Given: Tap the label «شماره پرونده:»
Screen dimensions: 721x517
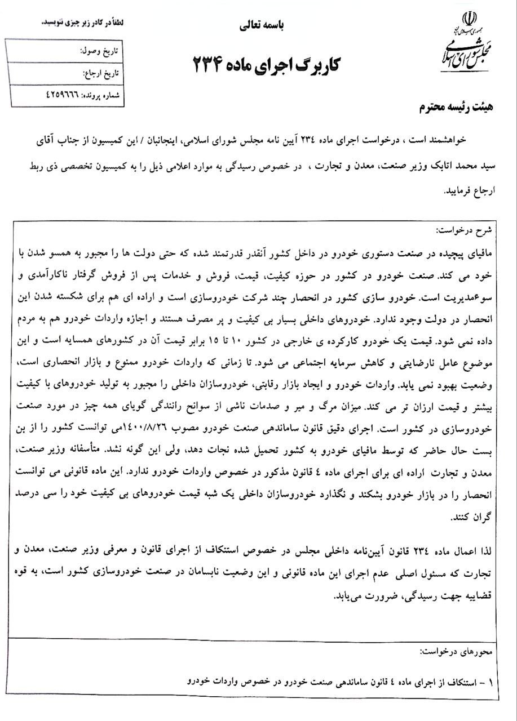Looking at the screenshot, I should pos(102,96).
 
